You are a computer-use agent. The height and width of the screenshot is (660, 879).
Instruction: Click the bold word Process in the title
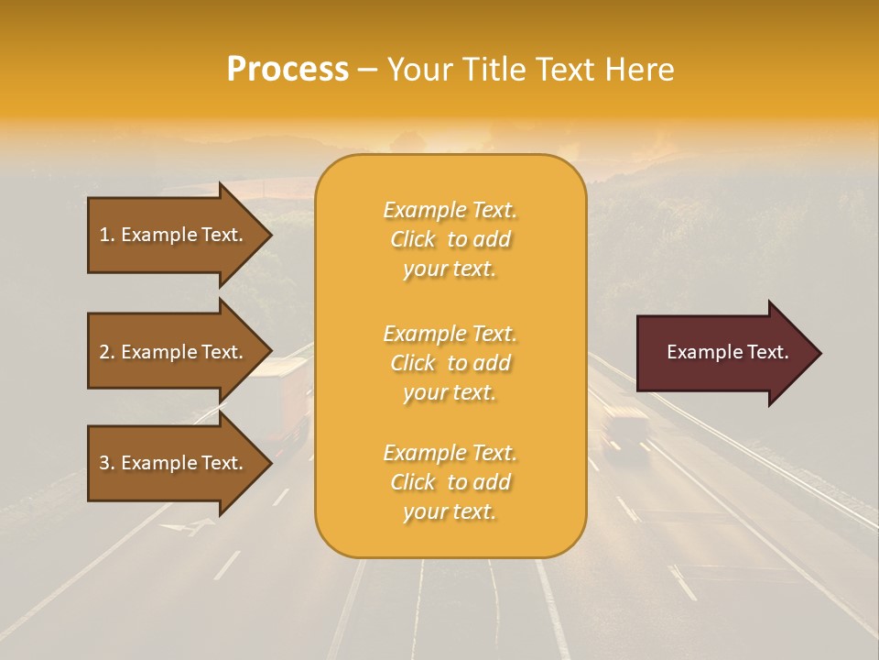coord(288,70)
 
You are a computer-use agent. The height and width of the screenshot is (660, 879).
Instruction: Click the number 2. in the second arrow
coord(107,352)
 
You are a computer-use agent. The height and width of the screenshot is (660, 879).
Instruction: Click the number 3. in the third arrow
coord(107,463)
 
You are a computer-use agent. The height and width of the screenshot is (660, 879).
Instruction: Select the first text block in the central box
coord(450,239)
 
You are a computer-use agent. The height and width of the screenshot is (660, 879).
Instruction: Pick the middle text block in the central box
coord(450,363)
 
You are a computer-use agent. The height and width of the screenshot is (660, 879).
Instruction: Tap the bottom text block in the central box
coord(450,482)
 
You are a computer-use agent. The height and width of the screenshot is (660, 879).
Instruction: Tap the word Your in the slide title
coord(421,70)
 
